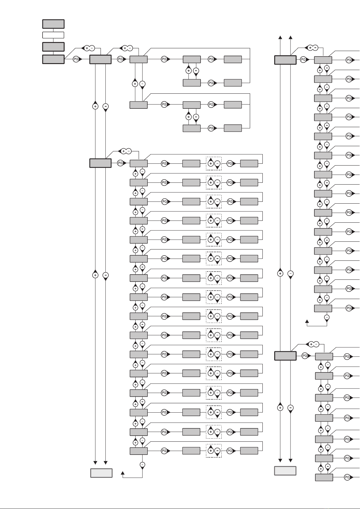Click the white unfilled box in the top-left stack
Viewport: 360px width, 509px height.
tap(53, 35)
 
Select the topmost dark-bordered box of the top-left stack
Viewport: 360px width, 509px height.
tap(53, 24)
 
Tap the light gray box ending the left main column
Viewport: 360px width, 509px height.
tap(101, 473)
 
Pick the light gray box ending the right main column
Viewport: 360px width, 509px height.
tap(285, 471)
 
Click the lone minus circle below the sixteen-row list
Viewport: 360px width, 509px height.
tap(143, 465)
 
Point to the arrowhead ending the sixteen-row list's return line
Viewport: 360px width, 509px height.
tap(123, 473)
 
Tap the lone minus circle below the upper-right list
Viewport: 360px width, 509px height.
tap(327, 317)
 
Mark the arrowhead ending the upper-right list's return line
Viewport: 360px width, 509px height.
tap(307, 321)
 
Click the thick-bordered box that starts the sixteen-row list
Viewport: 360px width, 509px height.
tap(100, 163)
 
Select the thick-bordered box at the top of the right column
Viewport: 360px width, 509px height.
tap(285, 60)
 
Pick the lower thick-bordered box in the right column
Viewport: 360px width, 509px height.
tap(285, 356)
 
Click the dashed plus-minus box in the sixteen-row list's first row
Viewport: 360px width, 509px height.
tap(214, 163)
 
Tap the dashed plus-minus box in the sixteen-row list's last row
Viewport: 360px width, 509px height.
tap(214, 451)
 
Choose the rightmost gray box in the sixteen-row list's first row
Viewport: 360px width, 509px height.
tap(249, 163)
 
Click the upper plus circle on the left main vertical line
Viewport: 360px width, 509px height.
tap(95, 106)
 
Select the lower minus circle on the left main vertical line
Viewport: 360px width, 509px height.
tap(106, 275)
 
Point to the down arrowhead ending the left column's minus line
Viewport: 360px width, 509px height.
tap(106, 463)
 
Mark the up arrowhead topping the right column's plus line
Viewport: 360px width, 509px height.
tap(280, 37)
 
